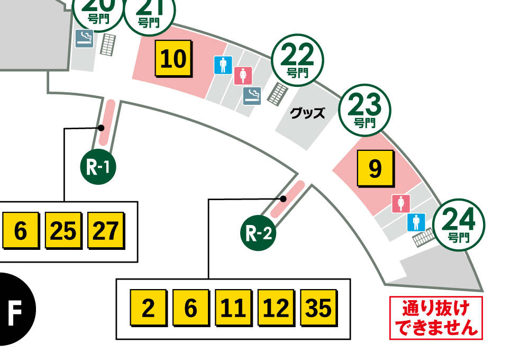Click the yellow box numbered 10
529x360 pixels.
point(174,59)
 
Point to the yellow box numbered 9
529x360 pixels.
point(375,169)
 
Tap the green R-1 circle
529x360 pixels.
point(98,167)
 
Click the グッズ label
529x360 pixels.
point(308,113)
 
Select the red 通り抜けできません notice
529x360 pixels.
point(436,318)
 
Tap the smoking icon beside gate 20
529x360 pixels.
point(84,38)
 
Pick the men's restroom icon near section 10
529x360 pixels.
point(223,65)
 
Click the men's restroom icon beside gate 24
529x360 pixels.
point(416,222)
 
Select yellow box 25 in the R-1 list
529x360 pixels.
point(63,231)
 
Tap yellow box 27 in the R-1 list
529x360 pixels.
point(106,231)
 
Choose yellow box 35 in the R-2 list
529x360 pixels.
point(318,308)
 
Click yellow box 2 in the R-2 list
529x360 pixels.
point(149,308)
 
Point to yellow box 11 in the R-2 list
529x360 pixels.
point(233,308)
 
